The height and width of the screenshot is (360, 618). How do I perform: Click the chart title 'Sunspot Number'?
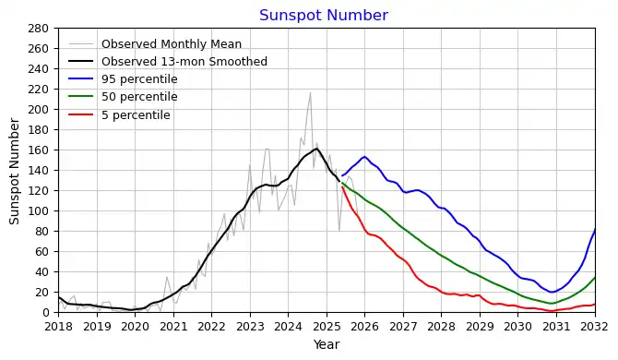coord(323,16)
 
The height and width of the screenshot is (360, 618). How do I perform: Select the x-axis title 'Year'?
coord(326,344)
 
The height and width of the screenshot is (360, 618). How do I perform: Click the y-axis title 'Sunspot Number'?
coord(15,171)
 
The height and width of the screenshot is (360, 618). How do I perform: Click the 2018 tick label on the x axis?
coord(58,326)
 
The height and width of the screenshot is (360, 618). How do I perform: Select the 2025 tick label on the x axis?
coord(326,326)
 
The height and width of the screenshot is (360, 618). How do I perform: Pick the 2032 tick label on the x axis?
coord(594,326)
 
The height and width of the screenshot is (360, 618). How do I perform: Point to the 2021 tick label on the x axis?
coord(172,326)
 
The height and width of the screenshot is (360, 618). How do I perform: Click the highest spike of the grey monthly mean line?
coord(310,92)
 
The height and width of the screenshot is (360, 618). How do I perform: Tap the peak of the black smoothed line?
coord(316,149)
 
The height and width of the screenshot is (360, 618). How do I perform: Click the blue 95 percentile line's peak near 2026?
coord(364,157)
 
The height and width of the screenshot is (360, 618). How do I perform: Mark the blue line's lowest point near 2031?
coord(553,293)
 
